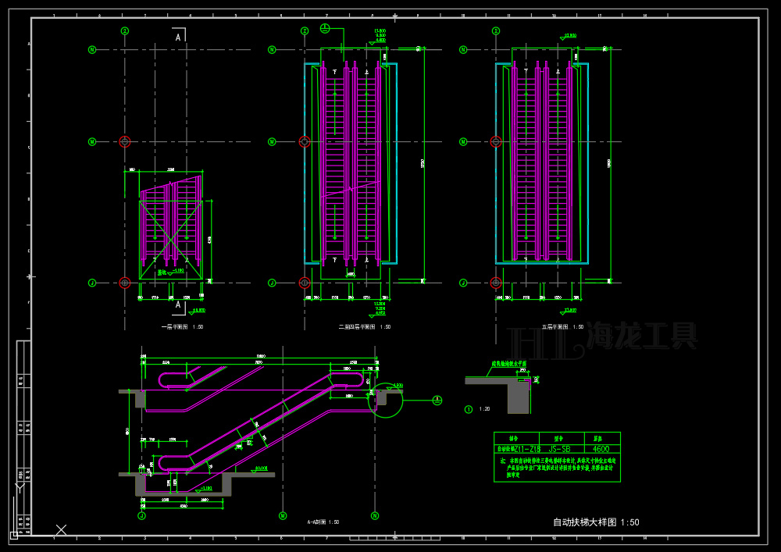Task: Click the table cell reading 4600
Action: coord(602,449)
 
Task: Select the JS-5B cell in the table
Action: coord(559,449)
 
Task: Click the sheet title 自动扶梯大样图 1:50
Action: coord(596,522)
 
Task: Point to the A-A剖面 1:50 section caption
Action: coord(323,522)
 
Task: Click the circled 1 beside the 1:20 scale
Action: coord(469,408)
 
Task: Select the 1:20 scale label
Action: coord(485,409)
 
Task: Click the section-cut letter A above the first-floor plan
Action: coord(178,37)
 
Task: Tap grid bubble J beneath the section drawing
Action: coord(142,515)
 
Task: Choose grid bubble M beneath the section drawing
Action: coord(282,515)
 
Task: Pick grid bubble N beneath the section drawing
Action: coord(375,515)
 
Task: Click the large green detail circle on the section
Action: coord(385,401)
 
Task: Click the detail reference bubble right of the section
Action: coord(437,400)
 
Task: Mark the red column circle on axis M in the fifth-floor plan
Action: coord(495,141)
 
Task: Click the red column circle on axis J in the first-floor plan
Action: coord(124,283)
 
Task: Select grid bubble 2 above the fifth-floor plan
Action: coord(496,31)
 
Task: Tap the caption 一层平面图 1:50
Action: coord(182,327)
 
